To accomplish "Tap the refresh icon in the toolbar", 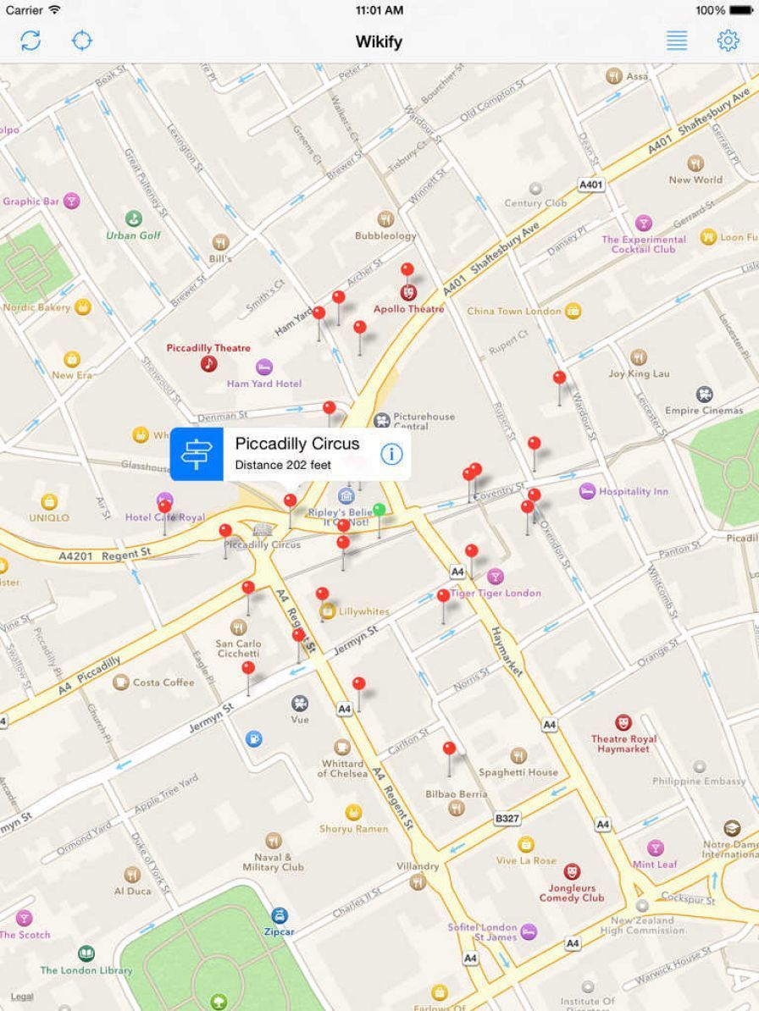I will pos(30,41).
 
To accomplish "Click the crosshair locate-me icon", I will pos(82,41).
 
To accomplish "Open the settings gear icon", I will pos(728,41).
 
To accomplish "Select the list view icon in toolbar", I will pos(677,41).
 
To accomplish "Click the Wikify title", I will pos(379,41).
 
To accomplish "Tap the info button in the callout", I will pos(391,454).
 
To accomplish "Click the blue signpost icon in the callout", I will pos(197,454).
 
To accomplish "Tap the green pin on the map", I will pos(379,510).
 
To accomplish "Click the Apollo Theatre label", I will pos(409,310).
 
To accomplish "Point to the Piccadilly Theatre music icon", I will pos(208,364).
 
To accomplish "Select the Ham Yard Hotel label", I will pos(264,384).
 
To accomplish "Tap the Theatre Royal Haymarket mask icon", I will pos(623,722).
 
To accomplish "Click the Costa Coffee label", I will pos(163,682).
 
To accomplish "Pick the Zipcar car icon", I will pos(280,915).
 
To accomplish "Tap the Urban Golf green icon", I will pos(134,219).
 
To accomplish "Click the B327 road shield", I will pos(507,819).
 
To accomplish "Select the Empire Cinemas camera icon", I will pos(704,395).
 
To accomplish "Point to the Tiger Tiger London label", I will pos(496,594).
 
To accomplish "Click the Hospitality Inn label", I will pos(633,491).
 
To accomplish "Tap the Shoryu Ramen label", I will pos(353,829).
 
